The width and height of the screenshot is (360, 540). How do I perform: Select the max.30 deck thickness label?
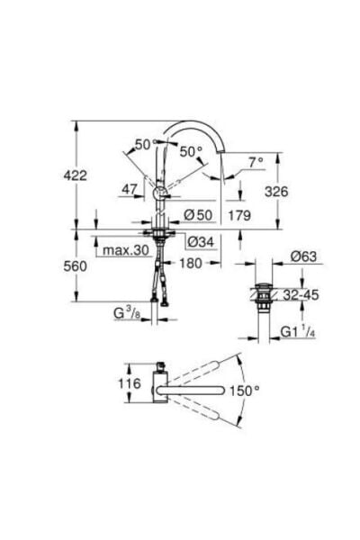click(x=124, y=248)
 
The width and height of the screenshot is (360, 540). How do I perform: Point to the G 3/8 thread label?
click(x=125, y=314)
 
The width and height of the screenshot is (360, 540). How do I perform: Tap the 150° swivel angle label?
click(x=269, y=391)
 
